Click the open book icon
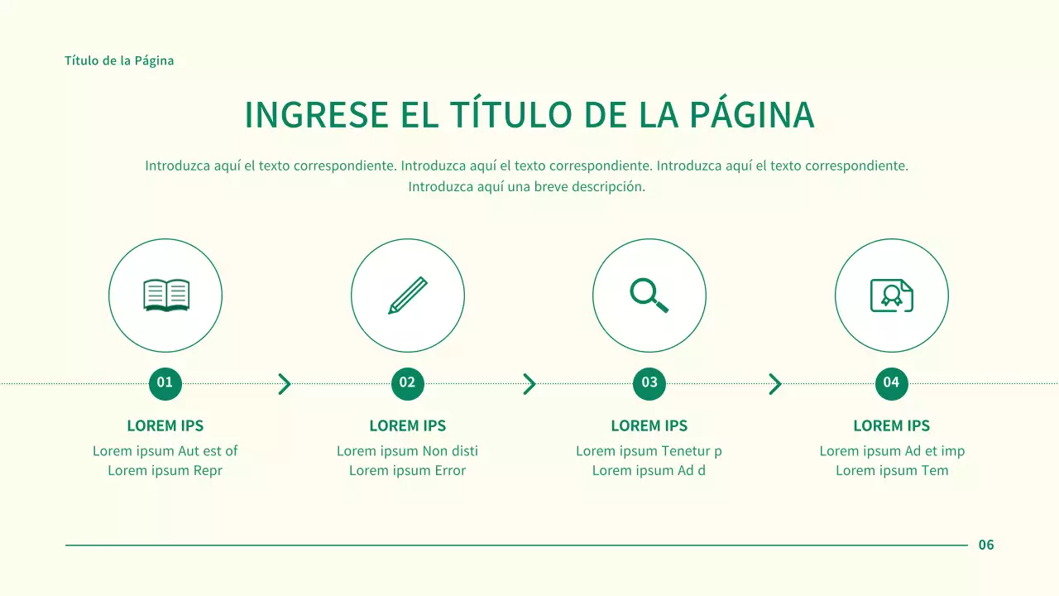165,296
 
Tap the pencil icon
408,296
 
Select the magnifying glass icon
649,296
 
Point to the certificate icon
891,296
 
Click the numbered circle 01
165,382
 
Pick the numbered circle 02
407,382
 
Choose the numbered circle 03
649,382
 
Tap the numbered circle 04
891,382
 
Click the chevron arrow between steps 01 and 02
285,384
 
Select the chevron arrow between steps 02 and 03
529,384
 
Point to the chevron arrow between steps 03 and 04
774,384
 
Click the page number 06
986,545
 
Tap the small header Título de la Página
119,60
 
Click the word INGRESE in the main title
316,115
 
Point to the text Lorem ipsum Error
407,471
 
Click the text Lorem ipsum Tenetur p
649,451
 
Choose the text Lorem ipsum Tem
892,471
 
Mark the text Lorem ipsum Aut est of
165,451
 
